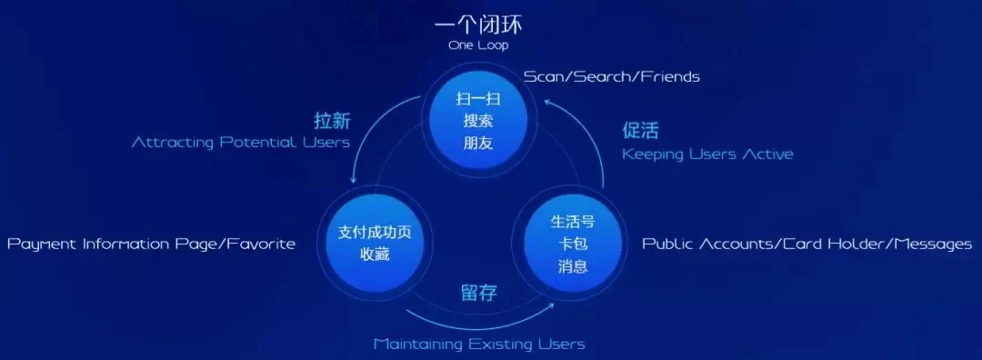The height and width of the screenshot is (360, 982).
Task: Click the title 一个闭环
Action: (x=478, y=25)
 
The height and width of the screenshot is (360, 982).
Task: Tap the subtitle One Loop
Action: (x=478, y=45)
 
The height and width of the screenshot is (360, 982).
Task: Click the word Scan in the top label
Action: (x=543, y=77)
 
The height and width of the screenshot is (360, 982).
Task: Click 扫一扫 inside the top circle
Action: (x=478, y=99)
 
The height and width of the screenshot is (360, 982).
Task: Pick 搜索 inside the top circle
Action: (x=478, y=121)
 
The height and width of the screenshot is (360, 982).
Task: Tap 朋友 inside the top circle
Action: (x=478, y=143)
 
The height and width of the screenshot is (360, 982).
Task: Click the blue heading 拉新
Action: (x=332, y=120)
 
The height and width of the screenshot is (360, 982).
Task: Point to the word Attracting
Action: (x=174, y=143)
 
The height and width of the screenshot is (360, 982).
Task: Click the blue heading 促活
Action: (x=641, y=131)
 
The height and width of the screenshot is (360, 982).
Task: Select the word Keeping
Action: (x=653, y=154)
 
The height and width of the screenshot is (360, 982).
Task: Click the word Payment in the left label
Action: (x=43, y=244)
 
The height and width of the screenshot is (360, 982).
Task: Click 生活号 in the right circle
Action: (x=573, y=222)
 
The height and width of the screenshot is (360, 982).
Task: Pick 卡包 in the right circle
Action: (x=573, y=245)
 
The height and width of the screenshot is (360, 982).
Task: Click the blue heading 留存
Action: (x=480, y=293)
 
